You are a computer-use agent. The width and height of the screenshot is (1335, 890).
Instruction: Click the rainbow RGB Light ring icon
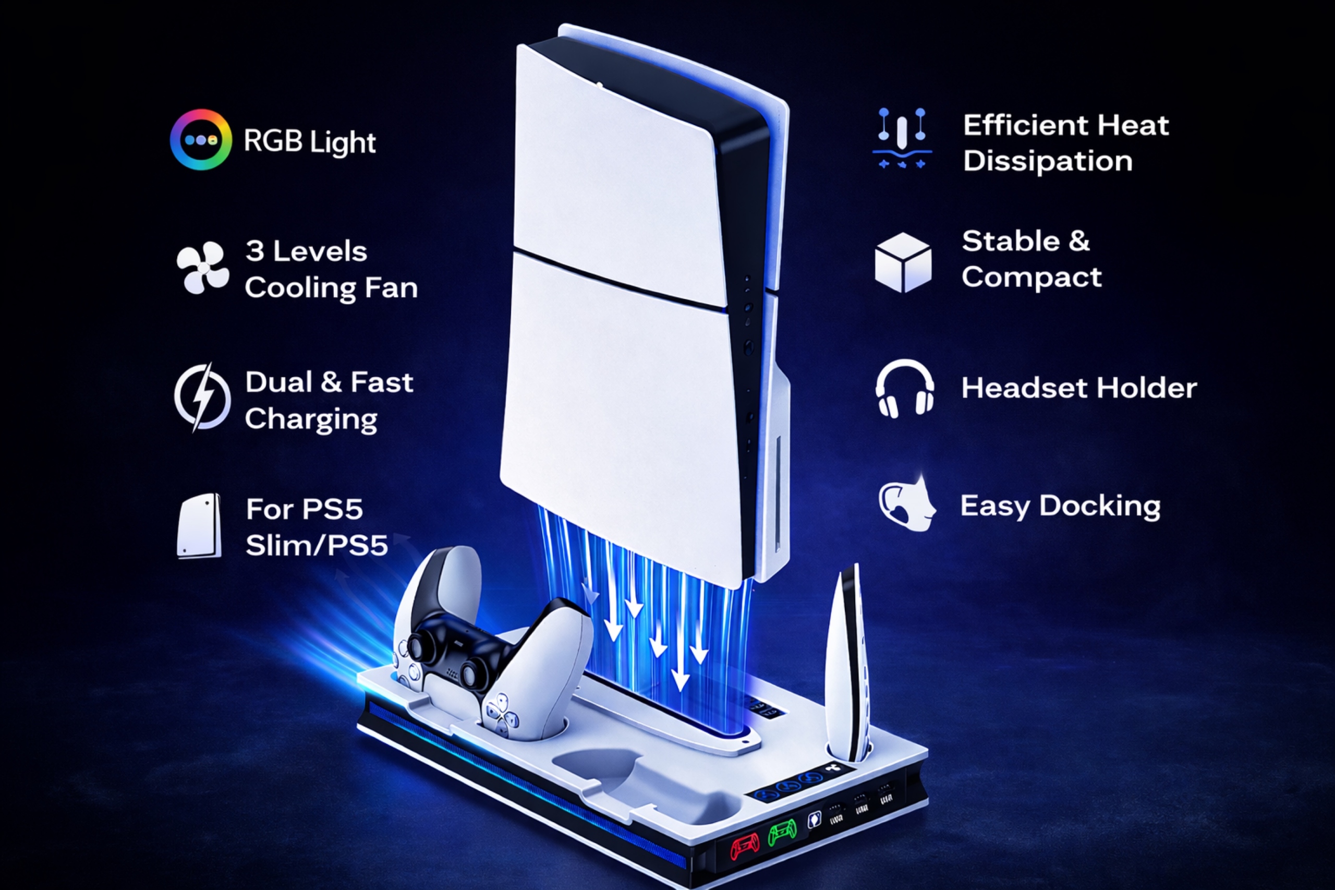pos(201,140)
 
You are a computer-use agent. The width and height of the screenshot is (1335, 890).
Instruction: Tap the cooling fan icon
pos(202,268)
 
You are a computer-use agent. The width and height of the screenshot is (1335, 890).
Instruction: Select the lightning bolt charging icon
pos(202,398)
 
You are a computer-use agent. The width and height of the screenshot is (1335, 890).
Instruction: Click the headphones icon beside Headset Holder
pos(904,389)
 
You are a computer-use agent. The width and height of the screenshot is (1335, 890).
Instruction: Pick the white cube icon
pos(903,262)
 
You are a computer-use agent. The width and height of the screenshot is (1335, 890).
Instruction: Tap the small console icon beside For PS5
pos(199,525)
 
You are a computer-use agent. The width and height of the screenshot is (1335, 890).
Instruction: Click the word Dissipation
pos(1047,161)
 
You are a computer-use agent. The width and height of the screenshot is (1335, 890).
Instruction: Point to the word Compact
pos(1031,278)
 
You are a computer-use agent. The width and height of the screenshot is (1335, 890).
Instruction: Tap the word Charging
pos(311,419)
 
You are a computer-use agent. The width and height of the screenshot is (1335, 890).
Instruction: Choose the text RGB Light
pos(310,142)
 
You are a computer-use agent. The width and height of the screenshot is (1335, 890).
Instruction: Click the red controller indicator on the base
pos(744,848)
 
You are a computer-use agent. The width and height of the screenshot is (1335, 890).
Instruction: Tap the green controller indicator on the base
pos(782,834)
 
